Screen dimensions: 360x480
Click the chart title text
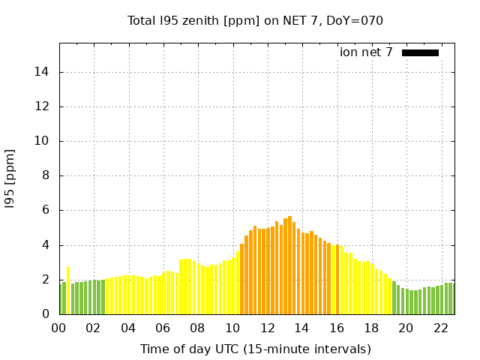point(255,20)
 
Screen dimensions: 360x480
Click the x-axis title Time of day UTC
point(255,349)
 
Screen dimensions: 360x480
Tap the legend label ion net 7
point(366,52)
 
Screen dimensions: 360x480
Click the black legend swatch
point(420,52)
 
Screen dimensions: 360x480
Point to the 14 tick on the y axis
point(43,72)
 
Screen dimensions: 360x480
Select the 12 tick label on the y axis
point(43,106)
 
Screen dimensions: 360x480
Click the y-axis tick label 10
point(43,141)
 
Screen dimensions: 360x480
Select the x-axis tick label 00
point(59,328)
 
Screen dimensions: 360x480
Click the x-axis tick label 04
point(128,328)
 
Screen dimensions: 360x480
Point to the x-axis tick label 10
point(232,328)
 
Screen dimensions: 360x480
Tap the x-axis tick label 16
point(337,328)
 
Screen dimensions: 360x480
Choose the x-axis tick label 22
point(441,328)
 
